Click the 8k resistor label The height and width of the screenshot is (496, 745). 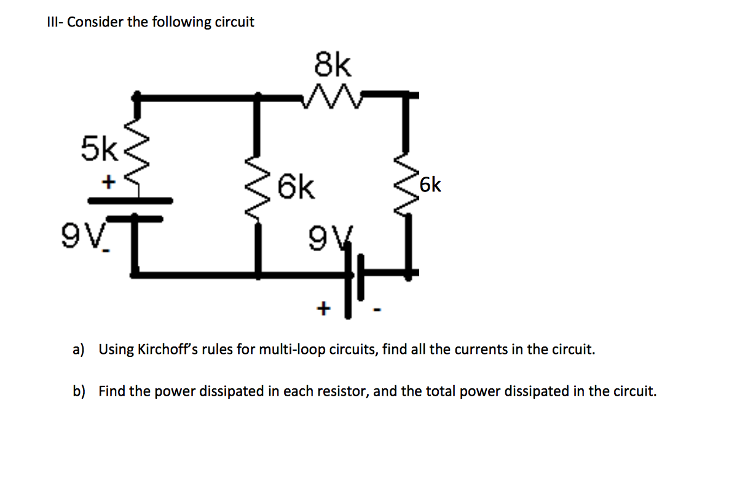(x=333, y=65)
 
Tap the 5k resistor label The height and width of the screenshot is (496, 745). (x=98, y=149)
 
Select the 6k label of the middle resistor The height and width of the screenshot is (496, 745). (x=296, y=187)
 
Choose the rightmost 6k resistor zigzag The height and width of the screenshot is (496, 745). (x=406, y=185)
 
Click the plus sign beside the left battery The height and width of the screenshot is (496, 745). (x=109, y=182)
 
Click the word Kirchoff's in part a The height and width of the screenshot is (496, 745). (x=165, y=350)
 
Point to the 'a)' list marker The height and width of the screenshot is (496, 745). (x=78, y=350)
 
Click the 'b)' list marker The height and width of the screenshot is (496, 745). (x=79, y=391)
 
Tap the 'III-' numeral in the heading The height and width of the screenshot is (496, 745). (x=55, y=23)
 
